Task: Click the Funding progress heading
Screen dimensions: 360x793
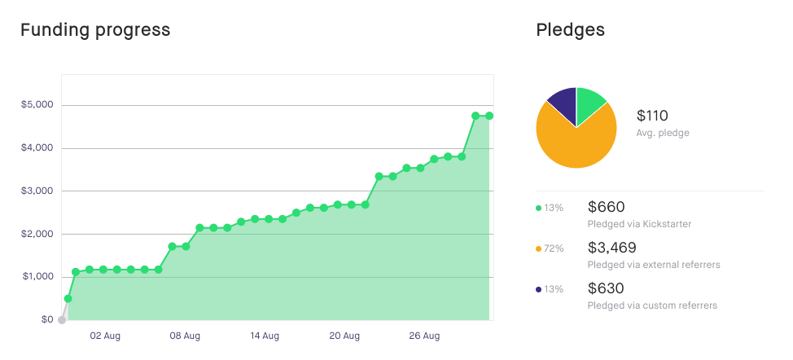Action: (95, 30)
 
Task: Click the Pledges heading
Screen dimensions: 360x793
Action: (570, 30)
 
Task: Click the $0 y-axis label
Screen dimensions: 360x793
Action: (47, 320)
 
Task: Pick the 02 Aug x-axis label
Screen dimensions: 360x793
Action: (106, 336)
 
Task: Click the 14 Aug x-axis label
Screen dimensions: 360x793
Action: (265, 336)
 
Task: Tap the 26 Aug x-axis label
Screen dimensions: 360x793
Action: (425, 336)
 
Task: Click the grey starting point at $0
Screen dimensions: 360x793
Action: (62, 320)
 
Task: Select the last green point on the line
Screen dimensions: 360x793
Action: (489, 116)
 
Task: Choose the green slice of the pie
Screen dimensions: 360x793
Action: (589, 103)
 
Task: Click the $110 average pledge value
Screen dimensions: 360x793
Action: (652, 116)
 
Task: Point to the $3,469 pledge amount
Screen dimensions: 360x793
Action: (611, 248)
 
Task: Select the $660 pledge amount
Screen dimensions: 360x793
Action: (606, 207)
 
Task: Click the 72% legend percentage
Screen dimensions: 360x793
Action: (554, 248)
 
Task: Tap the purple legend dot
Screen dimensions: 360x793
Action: (538, 289)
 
